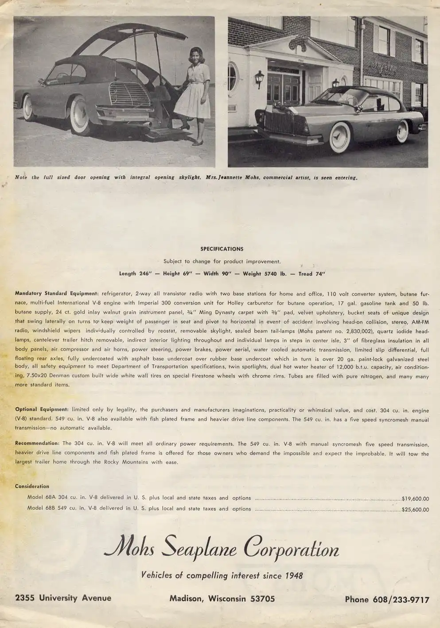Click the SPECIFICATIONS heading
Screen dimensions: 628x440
222,249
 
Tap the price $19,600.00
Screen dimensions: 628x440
415,499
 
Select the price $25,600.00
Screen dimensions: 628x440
415,510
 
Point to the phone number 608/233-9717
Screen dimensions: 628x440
387,600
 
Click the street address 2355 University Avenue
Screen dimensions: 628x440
63,598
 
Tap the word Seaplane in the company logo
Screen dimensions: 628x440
199,550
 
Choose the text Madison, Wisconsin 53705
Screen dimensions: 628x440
222,599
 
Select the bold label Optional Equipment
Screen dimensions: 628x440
42,410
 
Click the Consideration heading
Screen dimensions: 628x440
32,486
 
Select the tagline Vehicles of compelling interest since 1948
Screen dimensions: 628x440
222,575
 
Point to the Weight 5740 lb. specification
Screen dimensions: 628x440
264,274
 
